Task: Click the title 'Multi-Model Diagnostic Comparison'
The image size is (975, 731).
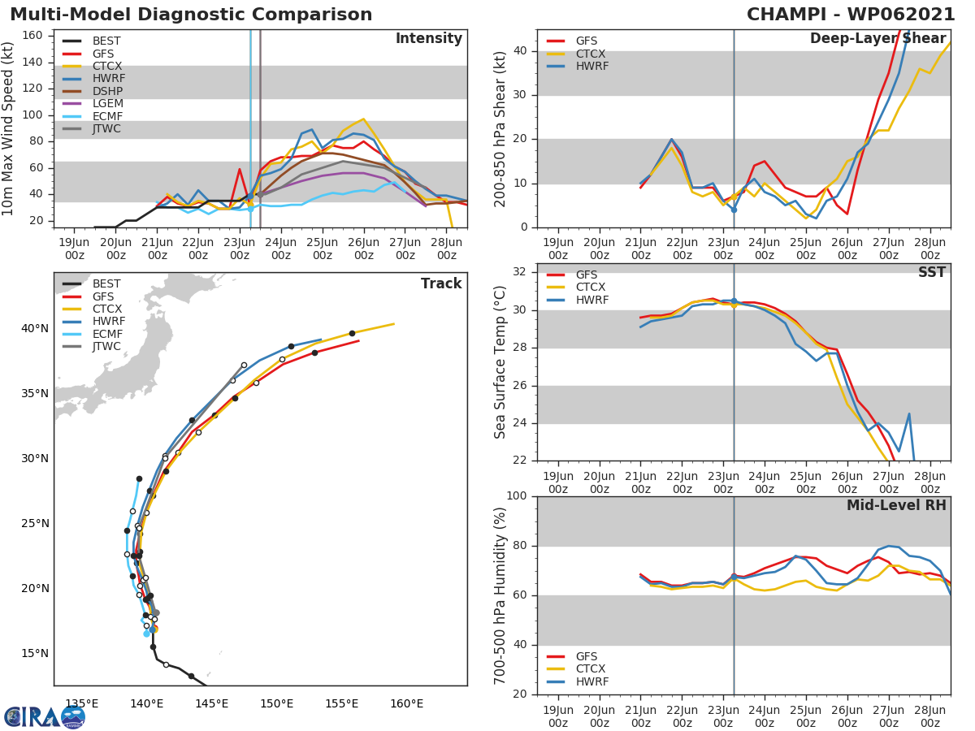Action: tap(191, 15)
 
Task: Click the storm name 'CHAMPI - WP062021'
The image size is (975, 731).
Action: tap(851, 15)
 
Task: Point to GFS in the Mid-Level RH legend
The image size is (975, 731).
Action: tap(586, 656)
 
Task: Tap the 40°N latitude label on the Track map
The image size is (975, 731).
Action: tap(34, 329)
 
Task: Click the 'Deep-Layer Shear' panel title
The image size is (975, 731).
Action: tap(877, 39)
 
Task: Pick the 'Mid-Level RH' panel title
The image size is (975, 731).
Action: tap(896, 505)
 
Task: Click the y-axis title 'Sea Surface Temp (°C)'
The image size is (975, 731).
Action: tap(500, 361)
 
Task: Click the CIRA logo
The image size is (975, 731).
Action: tap(44, 717)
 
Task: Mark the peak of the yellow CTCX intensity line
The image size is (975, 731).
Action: tap(363, 119)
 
